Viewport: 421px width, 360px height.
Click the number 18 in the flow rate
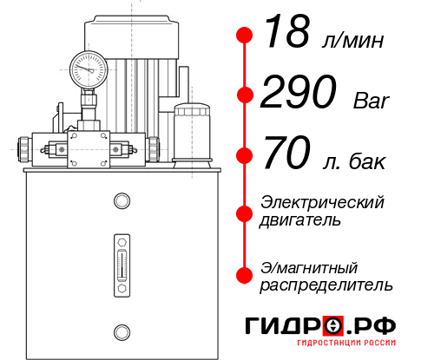[287, 31]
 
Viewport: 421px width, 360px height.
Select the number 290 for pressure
[299, 92]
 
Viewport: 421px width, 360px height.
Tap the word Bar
[372, 101]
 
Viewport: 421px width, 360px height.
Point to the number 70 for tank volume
[286, 153]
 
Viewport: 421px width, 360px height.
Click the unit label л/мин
[353, 41]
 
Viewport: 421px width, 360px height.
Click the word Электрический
[322, 202]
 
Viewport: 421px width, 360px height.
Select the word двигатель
[300, 220]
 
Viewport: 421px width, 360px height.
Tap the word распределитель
[326, 285]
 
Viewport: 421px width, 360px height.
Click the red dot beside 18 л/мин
[245, 36]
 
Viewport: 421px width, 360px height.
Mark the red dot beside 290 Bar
[245, 95]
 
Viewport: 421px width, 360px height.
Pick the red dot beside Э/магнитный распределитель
[245, 275]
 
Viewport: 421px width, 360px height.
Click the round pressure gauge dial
[89, 69]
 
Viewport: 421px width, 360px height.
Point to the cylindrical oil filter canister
[192, 135]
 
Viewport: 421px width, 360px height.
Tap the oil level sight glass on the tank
[122, 265]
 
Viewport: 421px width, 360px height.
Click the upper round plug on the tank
[122, 200]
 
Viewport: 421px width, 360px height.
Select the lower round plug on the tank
[122, 332]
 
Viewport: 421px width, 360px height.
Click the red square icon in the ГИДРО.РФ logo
[333, 325]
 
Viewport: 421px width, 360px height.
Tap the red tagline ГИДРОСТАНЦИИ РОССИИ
[346, 343]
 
